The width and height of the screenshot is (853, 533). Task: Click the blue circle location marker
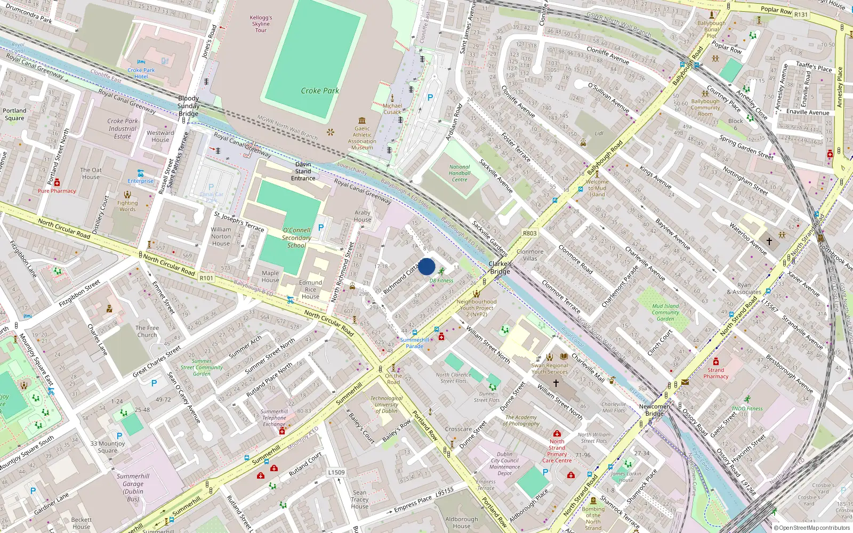426,266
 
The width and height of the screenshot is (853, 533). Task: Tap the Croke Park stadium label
320,91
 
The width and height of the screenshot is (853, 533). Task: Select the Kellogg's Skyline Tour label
261,24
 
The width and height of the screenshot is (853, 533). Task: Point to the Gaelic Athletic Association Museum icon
363,120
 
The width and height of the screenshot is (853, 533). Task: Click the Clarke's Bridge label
500,268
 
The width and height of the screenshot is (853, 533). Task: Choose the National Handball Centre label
460,173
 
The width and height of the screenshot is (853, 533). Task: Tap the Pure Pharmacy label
57,191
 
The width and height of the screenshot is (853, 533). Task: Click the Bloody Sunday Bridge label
188,106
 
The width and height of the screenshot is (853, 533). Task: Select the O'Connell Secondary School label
296,238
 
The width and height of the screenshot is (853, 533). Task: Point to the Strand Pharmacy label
715,373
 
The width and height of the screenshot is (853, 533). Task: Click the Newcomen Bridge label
655,410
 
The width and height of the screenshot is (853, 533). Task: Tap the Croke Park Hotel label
141,74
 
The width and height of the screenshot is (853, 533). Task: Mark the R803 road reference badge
529,233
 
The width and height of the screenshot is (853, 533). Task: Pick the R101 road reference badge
206,278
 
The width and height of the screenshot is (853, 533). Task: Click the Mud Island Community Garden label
665,312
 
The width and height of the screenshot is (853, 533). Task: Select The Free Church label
147,332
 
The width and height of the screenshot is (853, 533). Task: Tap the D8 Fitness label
441,280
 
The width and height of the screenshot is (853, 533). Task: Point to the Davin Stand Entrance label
303,171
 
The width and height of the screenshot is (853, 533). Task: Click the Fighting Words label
127,206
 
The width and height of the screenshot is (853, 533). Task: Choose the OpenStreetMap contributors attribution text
814,528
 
